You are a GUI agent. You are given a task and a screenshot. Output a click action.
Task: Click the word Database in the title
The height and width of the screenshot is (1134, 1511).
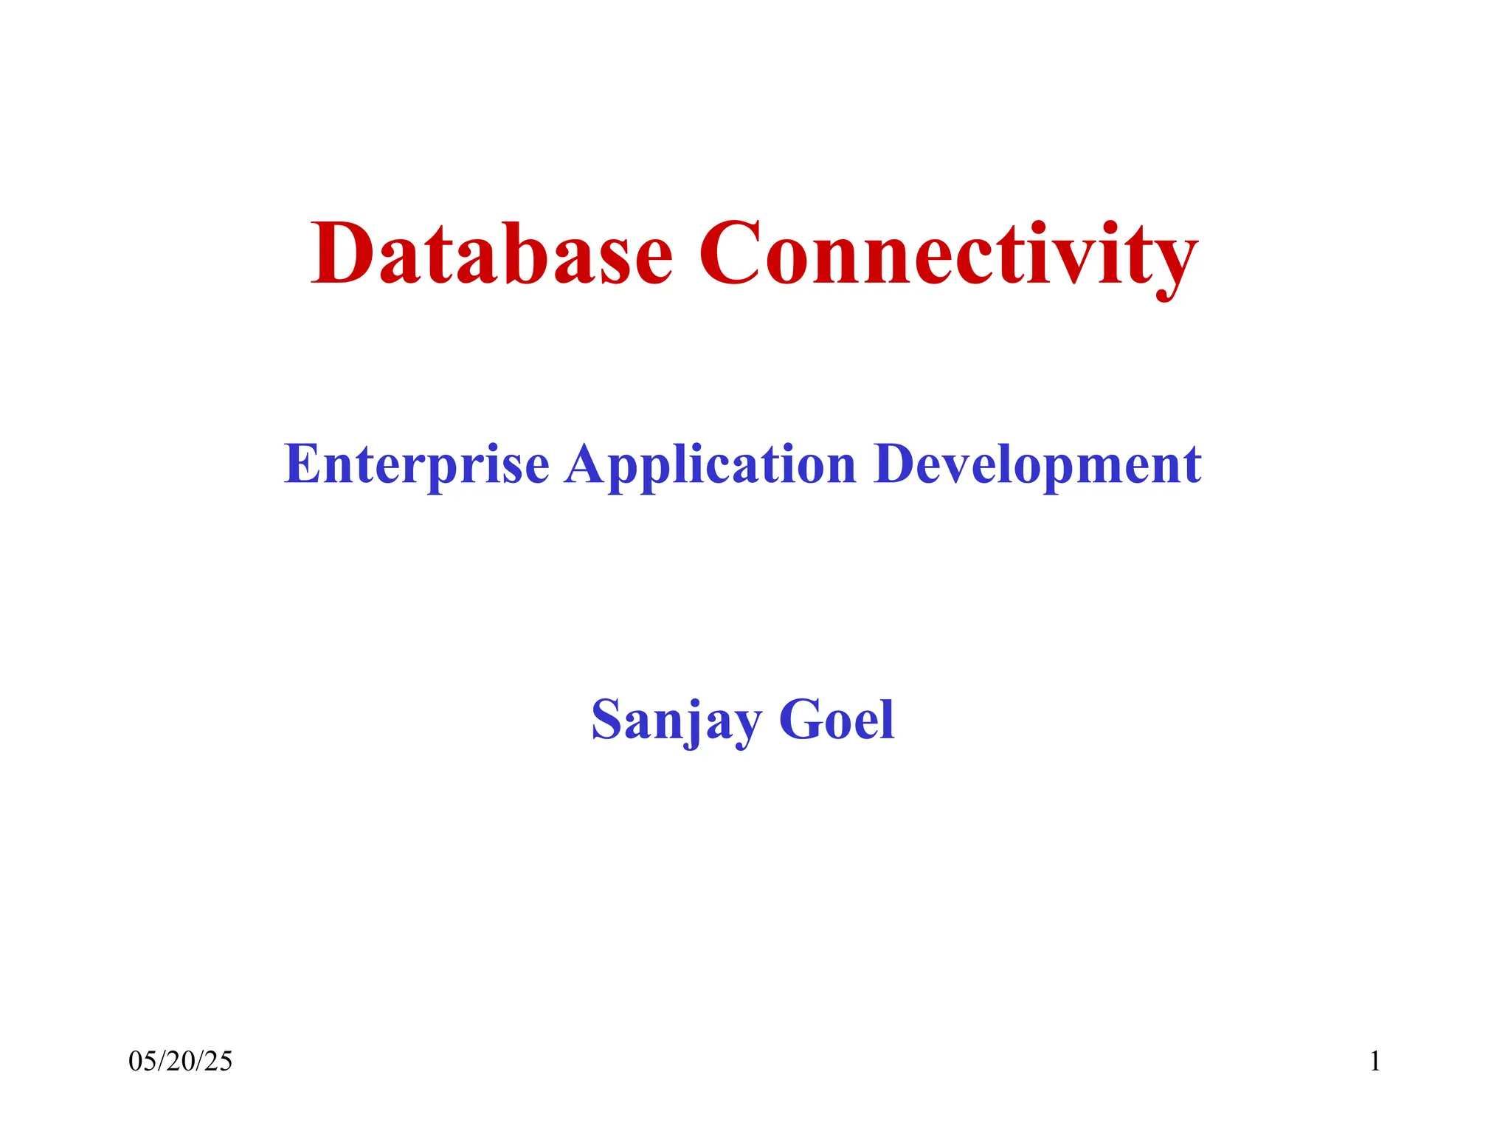[x=491, y=254]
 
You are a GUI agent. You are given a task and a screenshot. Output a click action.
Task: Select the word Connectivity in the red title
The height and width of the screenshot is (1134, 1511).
[x=947, y=254]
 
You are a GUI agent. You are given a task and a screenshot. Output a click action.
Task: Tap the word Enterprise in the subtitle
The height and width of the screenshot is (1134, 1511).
[x=417, y=465]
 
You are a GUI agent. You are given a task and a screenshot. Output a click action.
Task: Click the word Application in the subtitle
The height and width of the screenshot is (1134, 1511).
[x=710, y=465]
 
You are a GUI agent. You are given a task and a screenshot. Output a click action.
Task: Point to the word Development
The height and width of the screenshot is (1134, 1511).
[x=1037, y=465]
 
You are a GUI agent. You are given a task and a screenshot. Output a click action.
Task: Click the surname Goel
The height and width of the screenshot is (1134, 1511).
[x=837, y=720]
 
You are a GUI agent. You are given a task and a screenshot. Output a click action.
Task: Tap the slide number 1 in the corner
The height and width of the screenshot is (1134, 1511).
[x=1375, y=1062]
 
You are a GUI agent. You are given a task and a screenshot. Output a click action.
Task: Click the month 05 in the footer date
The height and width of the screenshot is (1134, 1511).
[x=140, y=1062]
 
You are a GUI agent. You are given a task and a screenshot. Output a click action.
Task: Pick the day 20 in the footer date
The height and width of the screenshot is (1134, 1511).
[x=181, y=1062]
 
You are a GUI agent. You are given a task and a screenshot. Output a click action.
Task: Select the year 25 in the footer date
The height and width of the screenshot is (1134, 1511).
[x=220, y=1062]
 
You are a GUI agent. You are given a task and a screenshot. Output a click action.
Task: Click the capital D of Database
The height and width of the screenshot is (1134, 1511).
[x=342, y=254]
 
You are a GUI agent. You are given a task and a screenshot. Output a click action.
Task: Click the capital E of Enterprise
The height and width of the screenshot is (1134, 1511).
[x=302, y=465]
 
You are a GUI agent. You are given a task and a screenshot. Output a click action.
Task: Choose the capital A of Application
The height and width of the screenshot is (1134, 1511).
[x=587, y=465]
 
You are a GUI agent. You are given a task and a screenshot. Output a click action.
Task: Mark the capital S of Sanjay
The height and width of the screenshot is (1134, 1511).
[x=606, y=720]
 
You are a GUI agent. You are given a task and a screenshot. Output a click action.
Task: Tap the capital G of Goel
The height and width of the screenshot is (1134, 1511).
[x=799, y=720]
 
